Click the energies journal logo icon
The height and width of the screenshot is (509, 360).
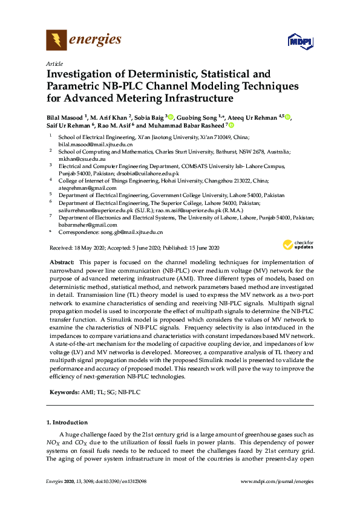(x=56, y=41)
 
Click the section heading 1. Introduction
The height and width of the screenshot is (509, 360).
(x=67, y=422)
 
